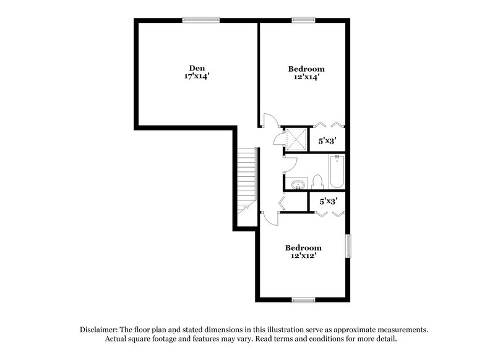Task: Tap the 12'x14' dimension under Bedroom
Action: (x=306, y=77)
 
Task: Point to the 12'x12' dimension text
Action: (x=303, y=255)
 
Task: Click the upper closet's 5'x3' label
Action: (x=327, y=141)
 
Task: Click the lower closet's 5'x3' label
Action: (x=327, y=201)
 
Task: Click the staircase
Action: (x=246, y=179)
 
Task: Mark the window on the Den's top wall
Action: (x=200, y=20)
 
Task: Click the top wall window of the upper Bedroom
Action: (x=303, y=20)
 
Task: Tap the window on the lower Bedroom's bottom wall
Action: (x=303, y=300)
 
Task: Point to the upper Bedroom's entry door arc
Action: (x=270, y=120)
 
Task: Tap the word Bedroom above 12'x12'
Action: (x=303, y=247)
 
